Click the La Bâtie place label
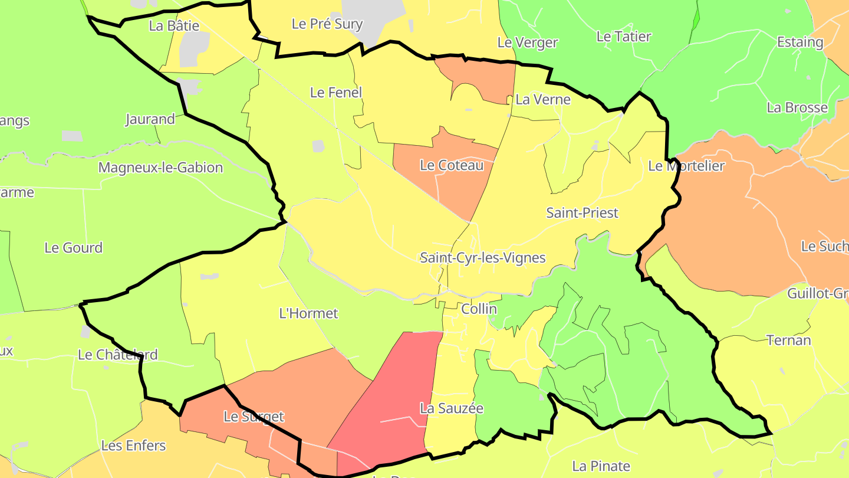click(x=174, y=26)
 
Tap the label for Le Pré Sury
click(x=327, y=24)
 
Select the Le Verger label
click(x=528, y=42)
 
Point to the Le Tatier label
click(x=624, y=37)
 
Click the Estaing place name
click(x=800, y=42)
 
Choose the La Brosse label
click(x=797, y=108)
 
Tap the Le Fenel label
click(x=336, y=93)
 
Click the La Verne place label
click(x=543, y=100)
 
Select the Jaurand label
click(x=150, y=119)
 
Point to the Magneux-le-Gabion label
click(x=160, y=168)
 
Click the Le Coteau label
click(x=452, y=165)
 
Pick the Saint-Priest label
click(x=582, y=213)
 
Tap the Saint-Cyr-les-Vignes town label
click(x=482, y=258)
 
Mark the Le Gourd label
click(x=74, y=248)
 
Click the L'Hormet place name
click(x=308, y=313)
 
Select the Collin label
click(x=479, y=309)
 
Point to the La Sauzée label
click(x=452, y=408)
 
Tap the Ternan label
click(x=789, y=341)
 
